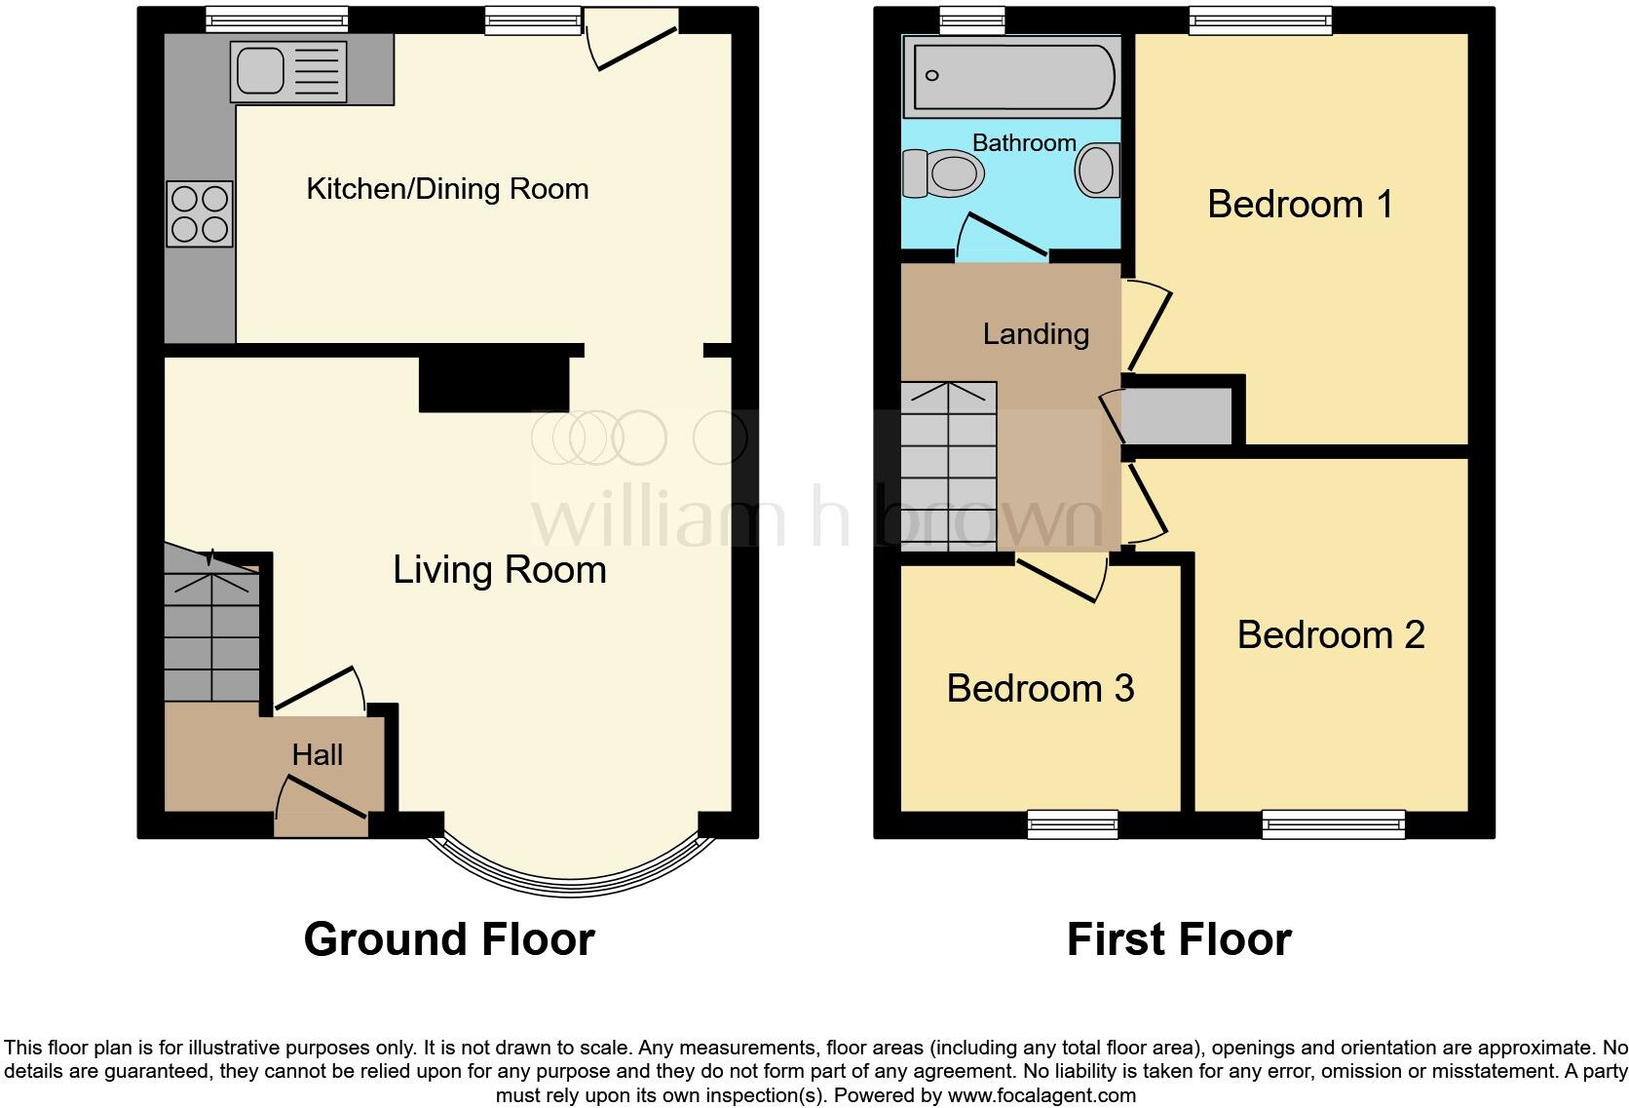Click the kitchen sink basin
[x=258, y=68]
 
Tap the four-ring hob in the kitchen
[x=200, y=213]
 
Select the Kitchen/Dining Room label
[x=447, y=188]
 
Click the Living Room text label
[x=499, y=570]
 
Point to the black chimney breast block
[x=494, y=381]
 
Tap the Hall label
[x=317, y=755]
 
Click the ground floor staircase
[x=211, y=633]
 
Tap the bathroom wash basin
[x=1097, y=171]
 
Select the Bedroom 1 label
[x=1300, y=205]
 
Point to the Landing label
[x=1036, y=334]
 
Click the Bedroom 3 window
[x=1073, y=825]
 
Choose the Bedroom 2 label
[x=1331, y=635]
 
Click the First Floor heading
[x=1178, y=939]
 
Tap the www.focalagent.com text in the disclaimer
[x=1041, y=1095]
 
